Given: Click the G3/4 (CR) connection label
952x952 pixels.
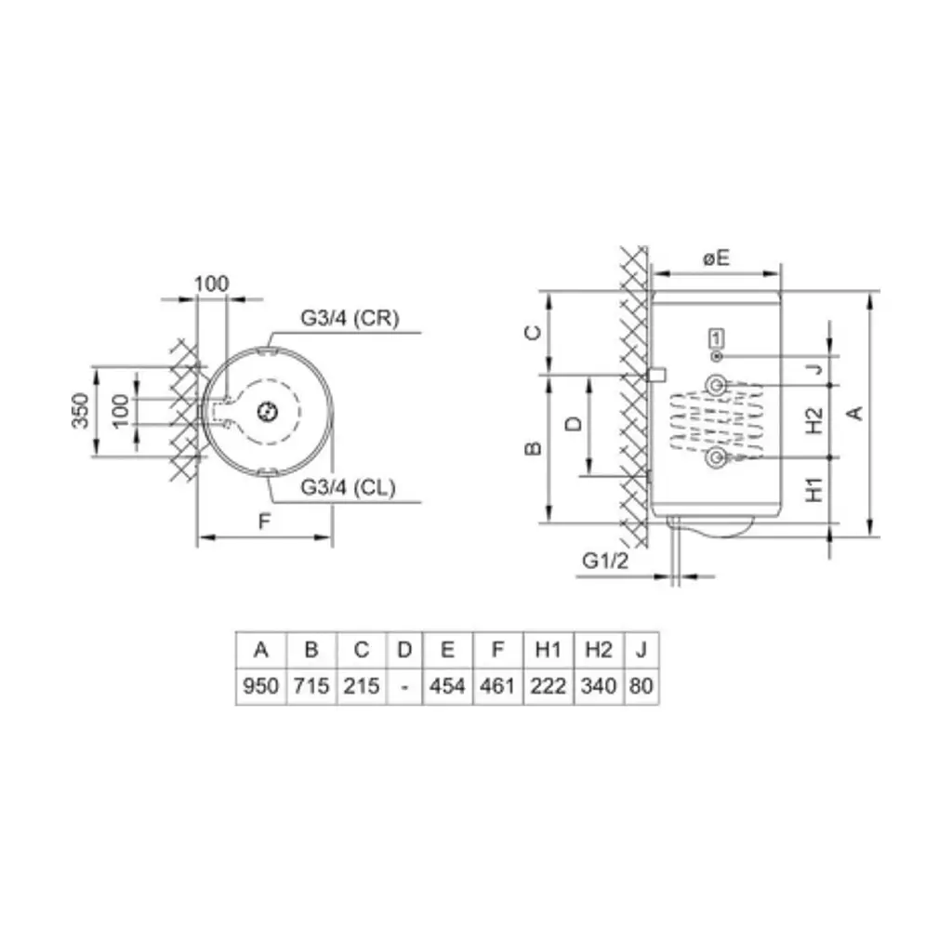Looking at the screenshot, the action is pyautogui.click(x=350, y=318).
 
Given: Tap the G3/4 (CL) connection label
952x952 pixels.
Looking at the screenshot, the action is pyautogui.click(x=348, y=487).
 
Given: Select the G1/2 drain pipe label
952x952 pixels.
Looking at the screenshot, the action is pyautogui.click(x=605, y=561).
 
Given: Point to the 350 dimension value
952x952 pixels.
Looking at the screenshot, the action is pyautogui.click(x=81, y=411).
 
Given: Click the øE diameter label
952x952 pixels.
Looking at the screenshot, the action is pyautogui.click(x=716, y=258).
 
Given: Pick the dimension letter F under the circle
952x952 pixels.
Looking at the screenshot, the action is pyautogui.click(x=264, y=521).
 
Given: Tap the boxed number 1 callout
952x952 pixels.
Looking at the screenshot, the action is pyautogui.click(x=717, y=338).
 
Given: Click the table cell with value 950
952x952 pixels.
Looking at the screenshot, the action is pyautogui.click(x=260, y=686).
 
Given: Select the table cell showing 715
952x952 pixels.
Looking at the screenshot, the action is pyautogui.click(x=311, y=686).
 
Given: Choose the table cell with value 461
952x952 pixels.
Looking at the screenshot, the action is pyautogui.click(x=497, y=686).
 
